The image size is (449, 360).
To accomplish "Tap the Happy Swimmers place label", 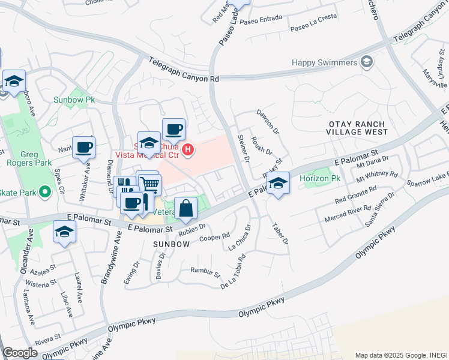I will pos(325,62).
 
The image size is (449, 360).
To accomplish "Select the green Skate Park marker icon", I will pos(44,193).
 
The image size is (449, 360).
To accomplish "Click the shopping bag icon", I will pos(186,208).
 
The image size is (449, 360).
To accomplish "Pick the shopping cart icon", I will pos(151,185).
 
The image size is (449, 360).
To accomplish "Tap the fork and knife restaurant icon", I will pos(124,185).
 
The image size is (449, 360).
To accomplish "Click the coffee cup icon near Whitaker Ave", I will pos(84,146).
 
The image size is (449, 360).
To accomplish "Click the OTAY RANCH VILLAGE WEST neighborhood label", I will pos(358,127).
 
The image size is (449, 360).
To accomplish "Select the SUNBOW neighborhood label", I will pos(170,244).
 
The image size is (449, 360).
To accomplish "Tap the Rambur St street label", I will pos(205,273).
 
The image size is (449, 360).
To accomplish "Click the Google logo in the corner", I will pos(20,353).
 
